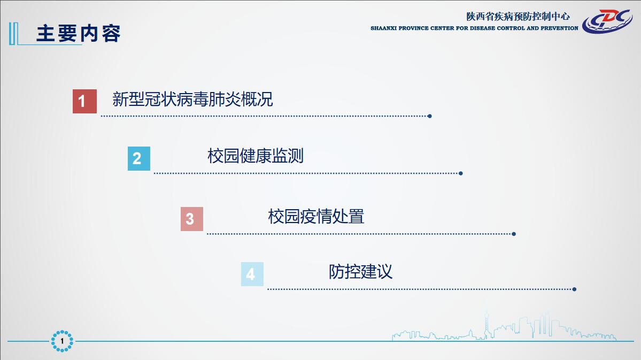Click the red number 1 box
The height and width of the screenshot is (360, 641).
click(x=84, y=101)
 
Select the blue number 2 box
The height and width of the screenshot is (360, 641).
click(x=139, y=158)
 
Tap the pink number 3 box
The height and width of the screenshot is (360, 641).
click(x=192, y=219)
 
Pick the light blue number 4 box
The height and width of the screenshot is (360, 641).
click(x=252, y=274)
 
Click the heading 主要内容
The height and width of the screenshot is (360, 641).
click(x=79, y=34)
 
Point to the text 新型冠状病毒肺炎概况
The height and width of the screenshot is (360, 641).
click(x=192, y=99)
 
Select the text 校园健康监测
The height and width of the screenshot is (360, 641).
click(x=256, y=156)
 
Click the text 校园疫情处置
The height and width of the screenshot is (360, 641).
click(x=316, y=217)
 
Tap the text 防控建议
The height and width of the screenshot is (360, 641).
click(x=360, y=272)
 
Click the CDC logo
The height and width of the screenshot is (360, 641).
click(x=607, y=21)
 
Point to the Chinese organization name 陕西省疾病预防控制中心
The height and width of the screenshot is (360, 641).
click(x=518, y=17)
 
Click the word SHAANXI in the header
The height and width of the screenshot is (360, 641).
click(x=383, y=28)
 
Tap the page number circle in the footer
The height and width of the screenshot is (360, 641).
click(x=62, y=341)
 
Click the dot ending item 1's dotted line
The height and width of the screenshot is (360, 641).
click(x=430, y=116)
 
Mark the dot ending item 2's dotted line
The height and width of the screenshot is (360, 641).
click(x=461, y=173)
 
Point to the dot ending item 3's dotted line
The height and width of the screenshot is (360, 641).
click(x=514, y=234)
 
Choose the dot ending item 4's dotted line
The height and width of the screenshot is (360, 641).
click(x=574, y=289)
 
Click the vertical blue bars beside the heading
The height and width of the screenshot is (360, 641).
click(x=13, y=34)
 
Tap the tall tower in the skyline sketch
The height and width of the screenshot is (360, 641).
click(x=486, y=326)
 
